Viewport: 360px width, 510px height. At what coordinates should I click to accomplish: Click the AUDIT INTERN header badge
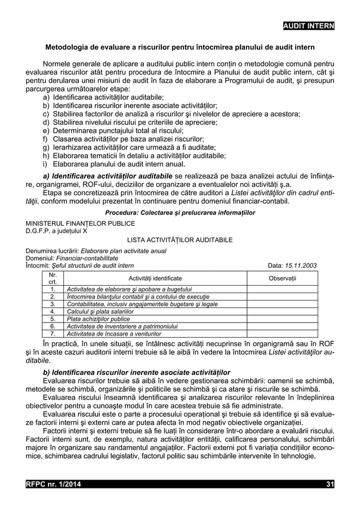coord(308,26)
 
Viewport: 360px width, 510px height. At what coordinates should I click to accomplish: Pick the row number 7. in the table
coord(52,333)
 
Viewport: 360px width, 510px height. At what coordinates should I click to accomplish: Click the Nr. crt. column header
coord(52,278)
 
